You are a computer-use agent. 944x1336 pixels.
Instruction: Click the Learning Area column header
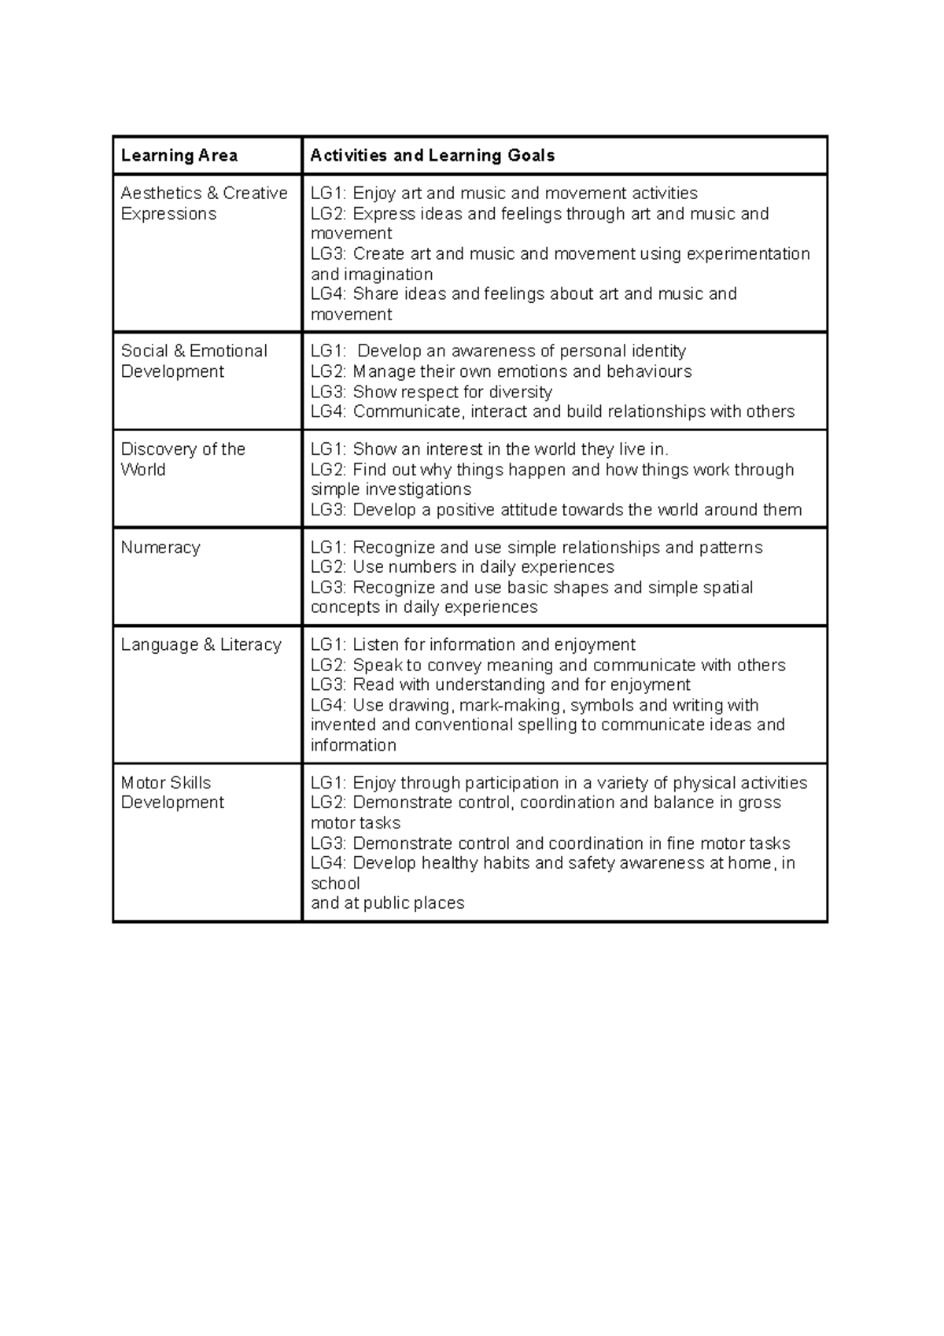pyautogui.click(x=179, y=156)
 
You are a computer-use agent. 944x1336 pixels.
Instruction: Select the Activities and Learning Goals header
pyautogui.click(x=432, y=156)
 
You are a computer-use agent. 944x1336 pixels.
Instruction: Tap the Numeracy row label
pyautogui.click(x=160, y=548)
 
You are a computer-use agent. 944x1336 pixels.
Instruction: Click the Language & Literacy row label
pyautogui.click(x=201, y=645)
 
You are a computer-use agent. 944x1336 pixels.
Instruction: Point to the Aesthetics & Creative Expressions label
pyautogui.click(x=203, y=204)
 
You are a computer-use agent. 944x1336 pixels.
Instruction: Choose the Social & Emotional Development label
pyautogui.click(x=194, y=361)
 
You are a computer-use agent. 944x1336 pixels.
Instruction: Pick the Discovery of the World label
pyautogui.click(x=183, y=459)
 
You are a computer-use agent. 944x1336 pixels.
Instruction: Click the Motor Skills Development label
pyautogui.click(x=172, y=793)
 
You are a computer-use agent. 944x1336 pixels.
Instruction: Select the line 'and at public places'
pyautogui.click(x=387, y=903)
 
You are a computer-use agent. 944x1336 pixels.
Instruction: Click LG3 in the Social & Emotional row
pyautogui.click(x=328, y=392)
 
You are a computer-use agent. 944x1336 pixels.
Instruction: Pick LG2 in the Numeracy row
pyautogui.click(x=328, y=567)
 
